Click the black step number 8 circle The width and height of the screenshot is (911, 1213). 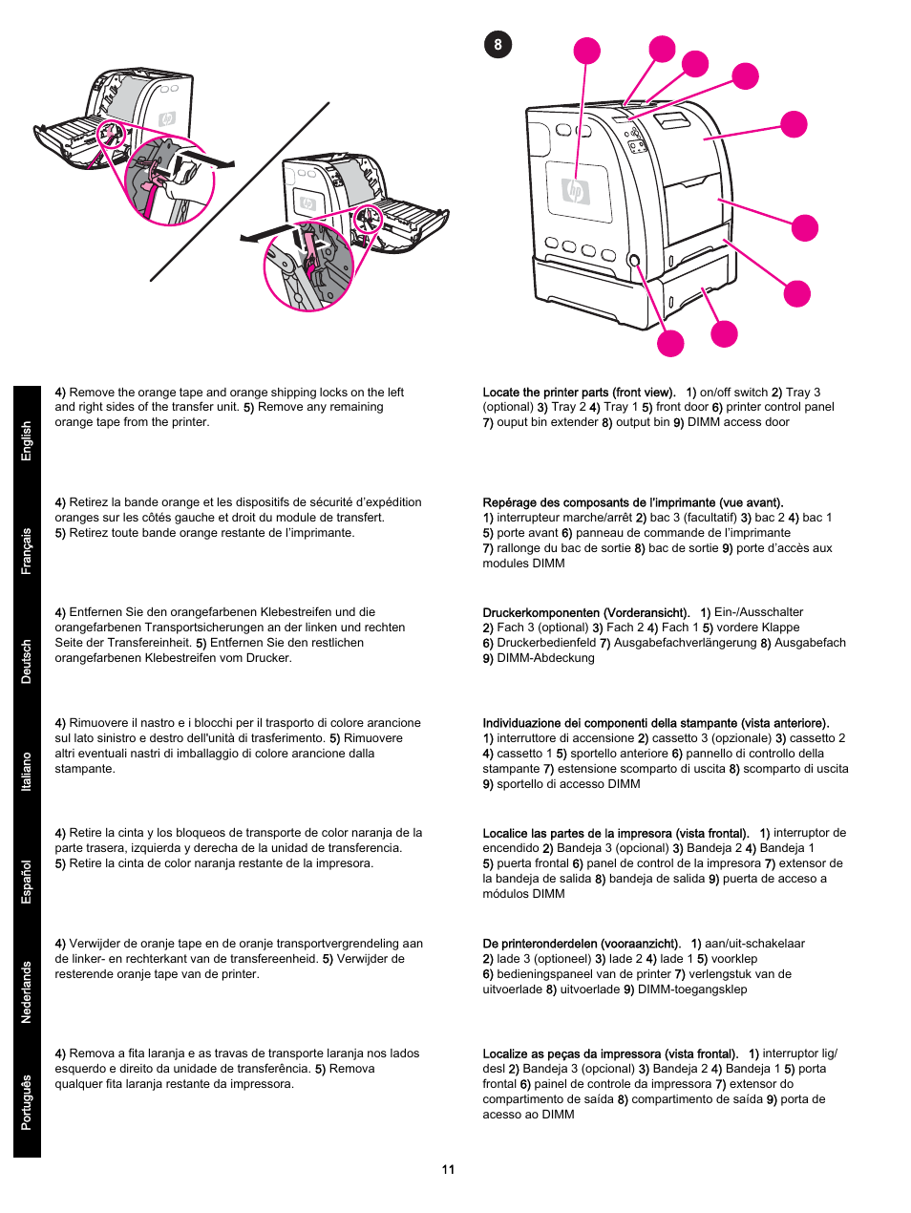tap(498, 45)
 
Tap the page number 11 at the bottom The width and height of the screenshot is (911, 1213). tap(448, 1169)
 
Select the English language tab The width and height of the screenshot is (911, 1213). tap(27, 441)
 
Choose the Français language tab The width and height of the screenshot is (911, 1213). tap(27, 551)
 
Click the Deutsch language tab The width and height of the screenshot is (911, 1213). tap(27, 661)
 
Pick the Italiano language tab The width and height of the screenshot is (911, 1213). tap(27, 771)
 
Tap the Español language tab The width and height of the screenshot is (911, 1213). tap(27, 882)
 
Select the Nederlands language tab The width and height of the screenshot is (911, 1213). tap(27, 991)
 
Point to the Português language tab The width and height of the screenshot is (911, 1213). tap(27, 1102)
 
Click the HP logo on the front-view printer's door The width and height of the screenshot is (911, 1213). tap(575, 192)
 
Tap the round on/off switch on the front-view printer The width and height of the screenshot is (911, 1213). tap(632, 261)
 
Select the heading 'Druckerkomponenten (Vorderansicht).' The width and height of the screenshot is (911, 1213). tap(585, 613)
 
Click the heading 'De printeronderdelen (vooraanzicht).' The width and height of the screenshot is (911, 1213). tap(582, 944)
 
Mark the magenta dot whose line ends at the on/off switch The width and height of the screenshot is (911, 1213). tap(670, 343)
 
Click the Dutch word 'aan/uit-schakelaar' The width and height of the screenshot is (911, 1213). tap(754, 944)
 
